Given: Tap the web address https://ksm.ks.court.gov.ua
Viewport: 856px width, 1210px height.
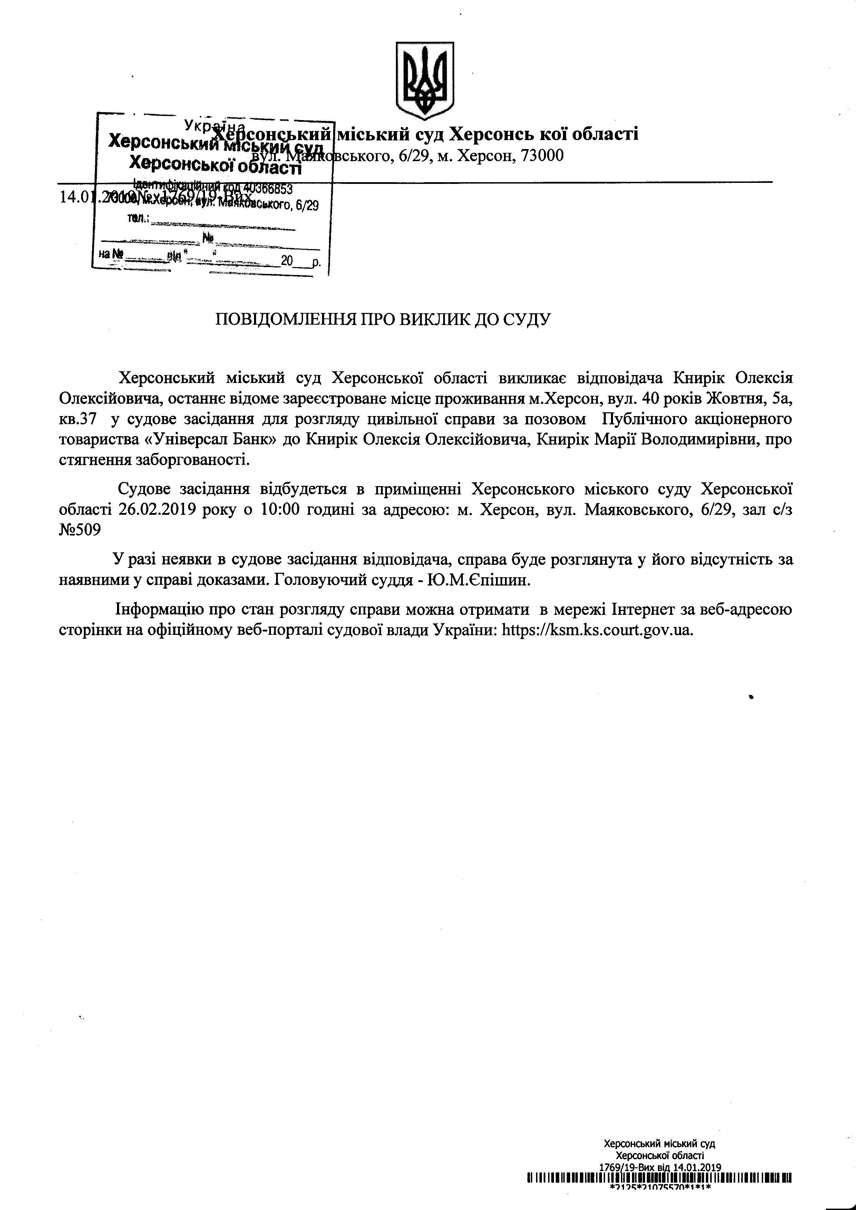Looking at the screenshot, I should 596,630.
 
